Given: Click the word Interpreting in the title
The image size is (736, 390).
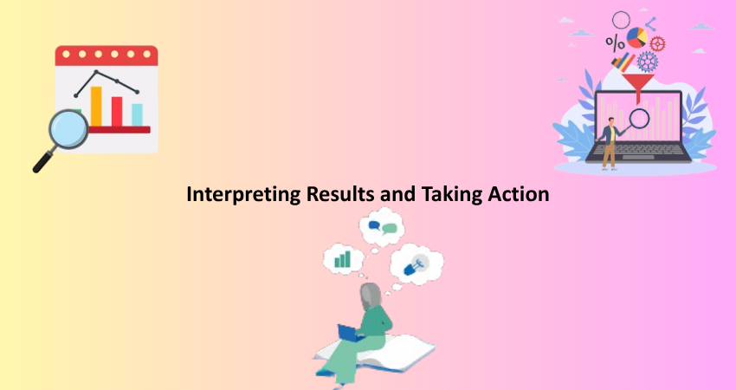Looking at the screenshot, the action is [x=243, y=194].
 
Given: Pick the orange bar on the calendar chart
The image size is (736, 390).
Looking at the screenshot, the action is [x=96, y=107].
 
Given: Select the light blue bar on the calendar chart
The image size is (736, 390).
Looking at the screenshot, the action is [x=137, y=115].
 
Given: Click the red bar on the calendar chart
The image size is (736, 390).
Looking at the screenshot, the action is [x=117, y=111].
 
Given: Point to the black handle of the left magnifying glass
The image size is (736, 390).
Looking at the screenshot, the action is [x=44, y=159].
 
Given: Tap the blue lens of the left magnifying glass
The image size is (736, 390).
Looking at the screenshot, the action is [x=68, y=129].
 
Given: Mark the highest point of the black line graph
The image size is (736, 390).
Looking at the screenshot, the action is [x=96, y=72].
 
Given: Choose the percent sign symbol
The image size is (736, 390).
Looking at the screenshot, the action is [x=615, y=42].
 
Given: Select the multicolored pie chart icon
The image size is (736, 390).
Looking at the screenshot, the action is [x=637, y=37].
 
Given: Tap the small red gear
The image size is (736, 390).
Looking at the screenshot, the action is [x=657, y=43].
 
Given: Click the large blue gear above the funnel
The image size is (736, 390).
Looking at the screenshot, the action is [x=648, y=62].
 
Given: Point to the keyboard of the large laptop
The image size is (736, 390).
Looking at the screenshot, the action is [x=637, y=149].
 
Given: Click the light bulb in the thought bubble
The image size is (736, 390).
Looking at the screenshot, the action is [x=416, y=265].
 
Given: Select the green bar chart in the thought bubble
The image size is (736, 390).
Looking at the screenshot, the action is [x=342, y=259].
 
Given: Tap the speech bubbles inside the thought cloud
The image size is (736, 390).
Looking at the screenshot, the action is [x=383, y=227].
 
